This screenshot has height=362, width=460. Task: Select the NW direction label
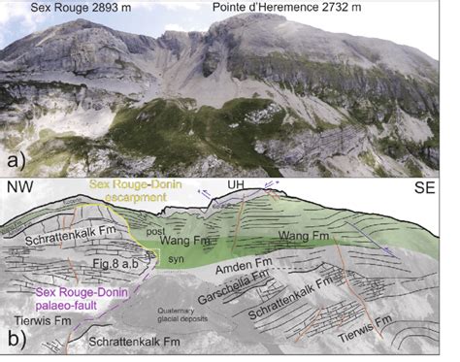pos(20,186)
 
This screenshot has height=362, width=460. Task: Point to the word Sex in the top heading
pos(40,9)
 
